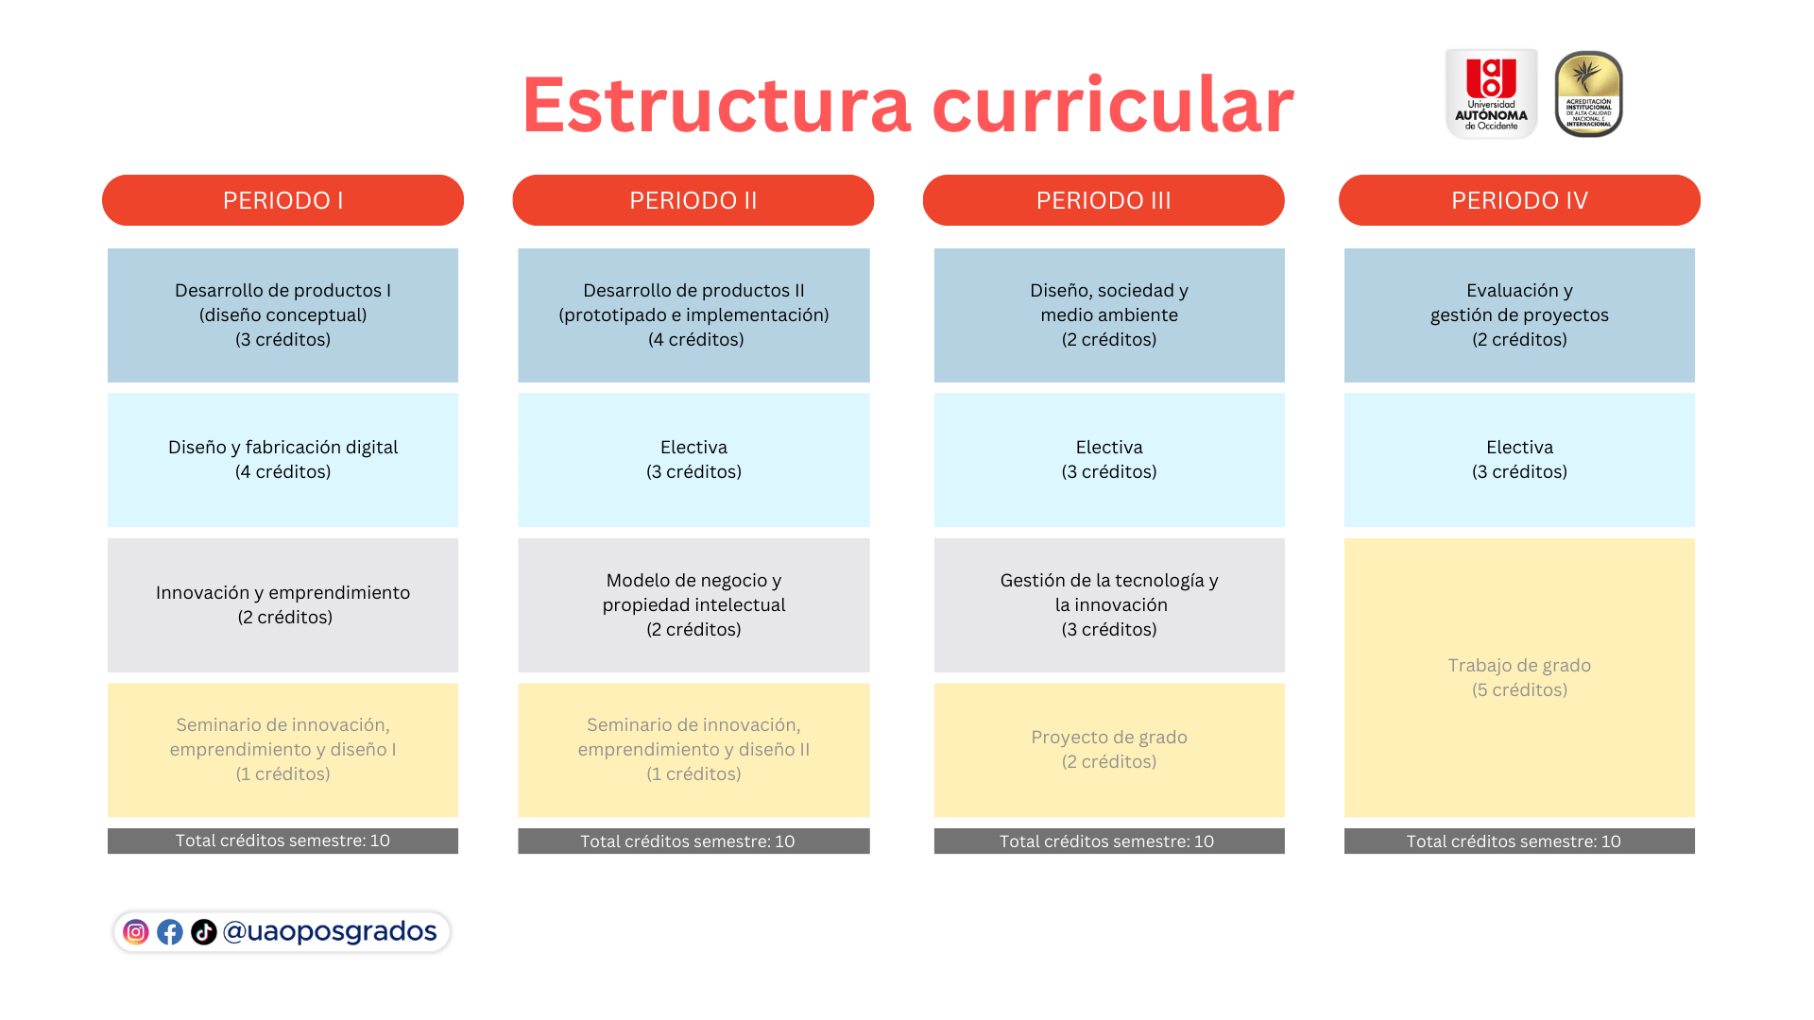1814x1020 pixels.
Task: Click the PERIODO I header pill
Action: [282, 200]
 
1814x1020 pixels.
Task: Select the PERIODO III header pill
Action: [1104, 200]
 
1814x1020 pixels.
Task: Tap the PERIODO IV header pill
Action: [1519, 200]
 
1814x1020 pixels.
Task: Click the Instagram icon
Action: [136, 932]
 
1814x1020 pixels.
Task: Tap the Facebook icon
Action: [170, 932]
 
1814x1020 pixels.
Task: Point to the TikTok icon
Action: [204, 932]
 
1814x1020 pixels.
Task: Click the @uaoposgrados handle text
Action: [330, 932]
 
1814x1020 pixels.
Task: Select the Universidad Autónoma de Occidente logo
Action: [1491, 93]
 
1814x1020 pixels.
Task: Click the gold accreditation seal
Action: [1589, 93]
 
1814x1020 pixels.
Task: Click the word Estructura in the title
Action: [716, 105]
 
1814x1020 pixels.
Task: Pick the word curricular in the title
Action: [1113, 105]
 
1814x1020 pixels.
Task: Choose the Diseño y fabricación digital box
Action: [282, 460]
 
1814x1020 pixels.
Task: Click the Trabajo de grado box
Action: [1519, 678]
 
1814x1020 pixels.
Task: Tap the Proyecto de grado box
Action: [1109, 750]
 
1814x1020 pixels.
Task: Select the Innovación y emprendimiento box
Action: [282, 605]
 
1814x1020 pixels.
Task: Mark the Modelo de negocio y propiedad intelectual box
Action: [693, 605]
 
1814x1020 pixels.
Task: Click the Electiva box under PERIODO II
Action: [693, 460]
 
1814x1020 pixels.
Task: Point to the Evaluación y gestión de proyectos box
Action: [1519, 315]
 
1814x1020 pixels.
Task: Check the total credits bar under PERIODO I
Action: [282, 841]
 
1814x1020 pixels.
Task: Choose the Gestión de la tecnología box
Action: [1109, 605]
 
